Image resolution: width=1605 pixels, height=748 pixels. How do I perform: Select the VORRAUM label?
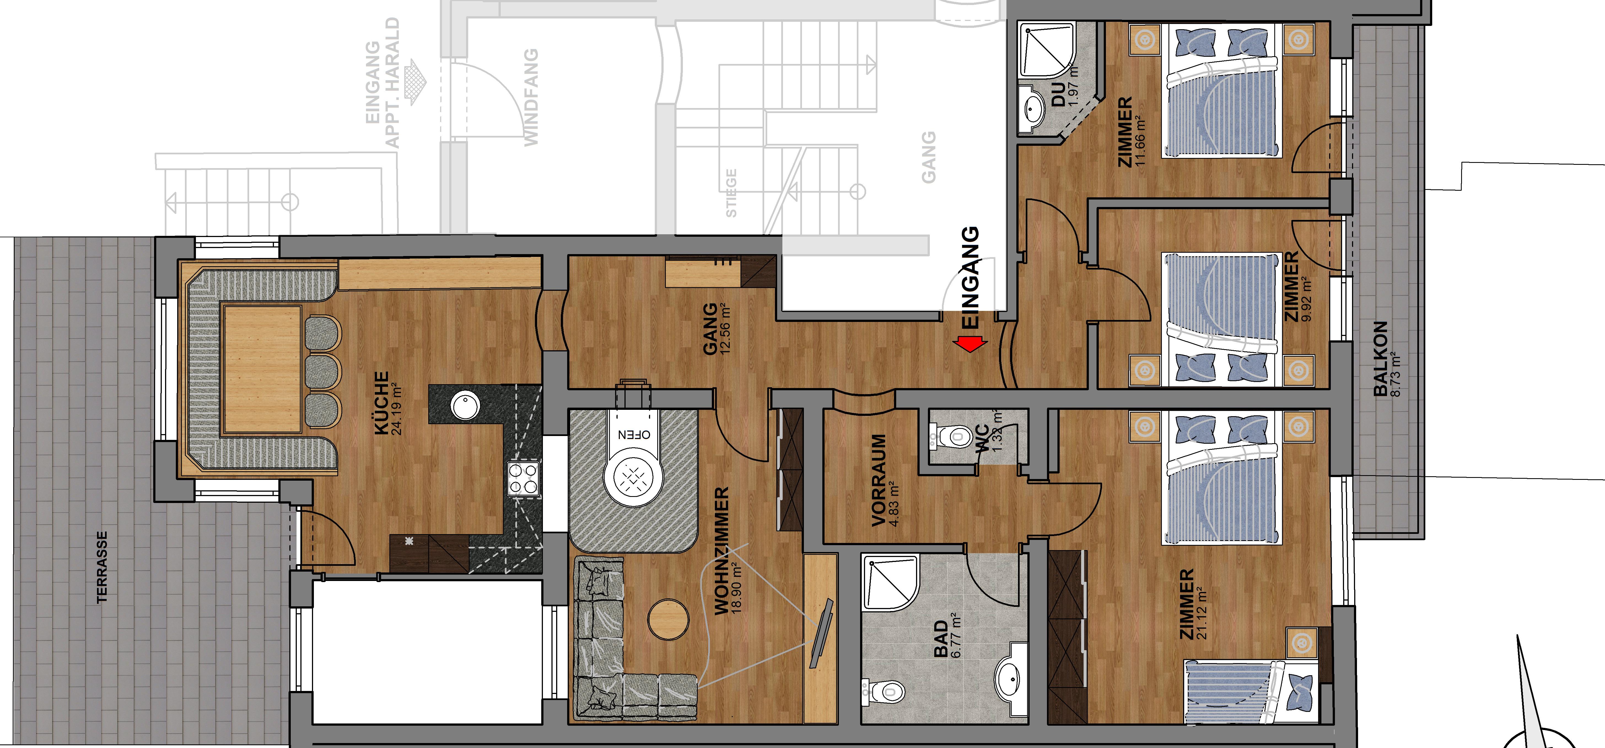pos(879,481)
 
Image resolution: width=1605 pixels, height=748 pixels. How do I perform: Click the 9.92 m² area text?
pos(1307,298)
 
